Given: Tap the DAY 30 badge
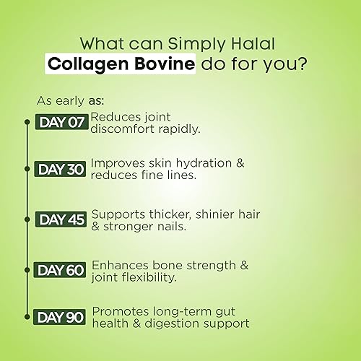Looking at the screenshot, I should point(61,170).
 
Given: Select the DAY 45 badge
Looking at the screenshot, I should point(61,219).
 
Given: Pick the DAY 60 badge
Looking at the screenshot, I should point(61,270).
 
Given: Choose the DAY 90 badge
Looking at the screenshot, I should point(61,317).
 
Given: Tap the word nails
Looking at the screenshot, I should point(167,226).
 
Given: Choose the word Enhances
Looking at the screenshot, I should point(122,264).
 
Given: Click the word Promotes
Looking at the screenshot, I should point(122,311).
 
